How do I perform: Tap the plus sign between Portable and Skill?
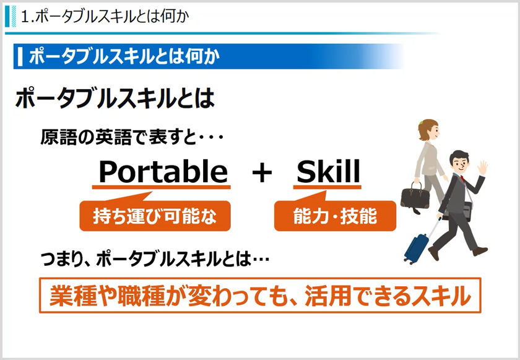coord(262,173)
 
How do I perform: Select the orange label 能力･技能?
coord(334,216)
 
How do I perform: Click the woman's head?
coord(428,130)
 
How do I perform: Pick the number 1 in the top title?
coord(25,17)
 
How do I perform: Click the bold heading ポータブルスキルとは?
coord(115,99)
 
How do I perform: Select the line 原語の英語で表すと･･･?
coord(131,137)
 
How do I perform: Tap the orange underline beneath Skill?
coord(326,188)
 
